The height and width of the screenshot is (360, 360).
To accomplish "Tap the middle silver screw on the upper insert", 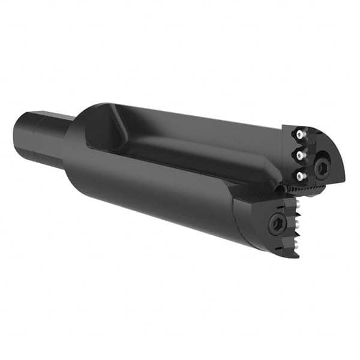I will point(298,155).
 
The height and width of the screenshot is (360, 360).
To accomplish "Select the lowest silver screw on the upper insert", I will point(298,174).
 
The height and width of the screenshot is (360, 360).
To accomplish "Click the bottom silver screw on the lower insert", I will point(296,243).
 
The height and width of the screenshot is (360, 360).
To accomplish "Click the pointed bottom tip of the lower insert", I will point(296,257).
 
